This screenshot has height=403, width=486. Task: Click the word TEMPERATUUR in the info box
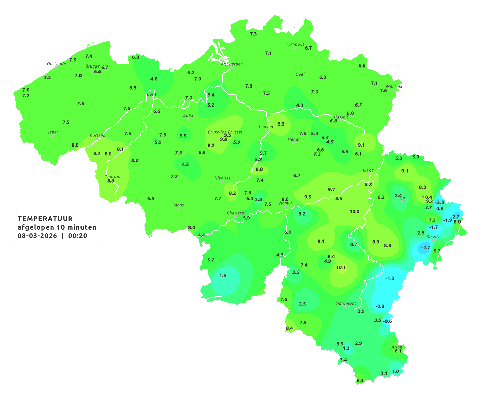(x=45, y=219)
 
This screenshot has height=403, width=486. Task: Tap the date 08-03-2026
(x=37, y=236)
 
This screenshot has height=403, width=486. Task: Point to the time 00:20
(x=77, y=236)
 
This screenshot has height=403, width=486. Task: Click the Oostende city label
(x=56, y=64)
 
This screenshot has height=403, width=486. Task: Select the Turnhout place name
(x=295, y=44)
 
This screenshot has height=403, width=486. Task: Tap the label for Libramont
(x=346, y=303)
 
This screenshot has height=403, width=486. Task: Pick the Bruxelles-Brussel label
(x=225, y=132)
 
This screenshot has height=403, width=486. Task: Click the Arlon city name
(x=397, y=347)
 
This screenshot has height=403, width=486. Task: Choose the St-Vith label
(x=434, y=237)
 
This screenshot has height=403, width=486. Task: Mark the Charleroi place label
(x=236, y=213)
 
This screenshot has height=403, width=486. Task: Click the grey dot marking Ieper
(x=53, y=136)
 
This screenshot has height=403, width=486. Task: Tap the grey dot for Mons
(x=178, y=209)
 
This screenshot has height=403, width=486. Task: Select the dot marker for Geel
(x=300, y=78)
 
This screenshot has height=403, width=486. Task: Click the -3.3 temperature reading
(x=440, y=203)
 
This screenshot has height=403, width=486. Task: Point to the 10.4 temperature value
(x=427, y=197)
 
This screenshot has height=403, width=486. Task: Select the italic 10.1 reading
(x=341, y=268)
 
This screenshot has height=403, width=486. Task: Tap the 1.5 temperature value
(x=223, y=275)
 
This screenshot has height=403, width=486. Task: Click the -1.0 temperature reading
(x=390, y=279)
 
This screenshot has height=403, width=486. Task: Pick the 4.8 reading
(x=154, y=79)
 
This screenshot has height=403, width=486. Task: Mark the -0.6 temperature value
(x=388, y=321)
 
